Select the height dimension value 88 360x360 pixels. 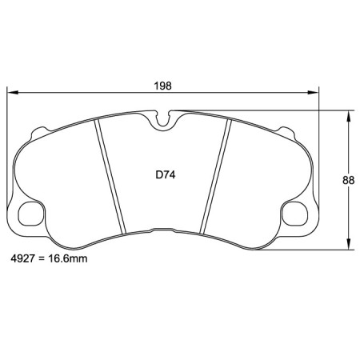click(349, 180)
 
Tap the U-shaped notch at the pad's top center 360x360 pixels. click(165, 122)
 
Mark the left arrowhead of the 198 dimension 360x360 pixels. click(12, 93)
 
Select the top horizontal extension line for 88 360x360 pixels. click(264, 111)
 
